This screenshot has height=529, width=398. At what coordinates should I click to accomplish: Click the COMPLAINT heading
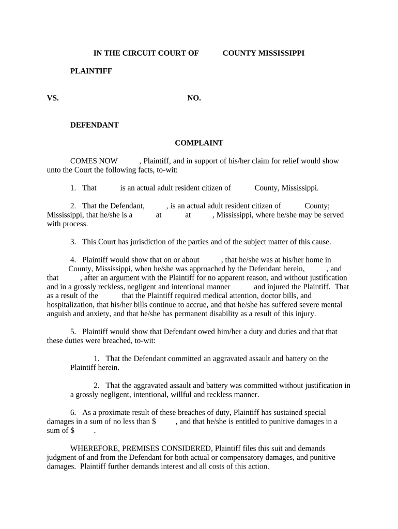(x=199, y=143)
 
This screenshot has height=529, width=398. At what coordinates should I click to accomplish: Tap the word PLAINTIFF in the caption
(x=91, y=71)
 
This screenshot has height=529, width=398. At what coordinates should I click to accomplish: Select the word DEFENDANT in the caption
(x=94, y=125)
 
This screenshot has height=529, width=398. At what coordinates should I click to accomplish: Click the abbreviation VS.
(x=53, y=98)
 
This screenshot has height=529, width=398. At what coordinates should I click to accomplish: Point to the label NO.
(x=194, y=98)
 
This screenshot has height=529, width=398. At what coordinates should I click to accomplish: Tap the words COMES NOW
(x=94, y=161)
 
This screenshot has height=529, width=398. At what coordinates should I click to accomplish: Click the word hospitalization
(x=68, y=305)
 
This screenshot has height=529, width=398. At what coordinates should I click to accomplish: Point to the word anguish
(x=59, y=314)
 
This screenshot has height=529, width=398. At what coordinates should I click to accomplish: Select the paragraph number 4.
(x=73, y=260)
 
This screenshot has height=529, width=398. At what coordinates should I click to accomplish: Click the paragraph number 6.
(x=73, y=412)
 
